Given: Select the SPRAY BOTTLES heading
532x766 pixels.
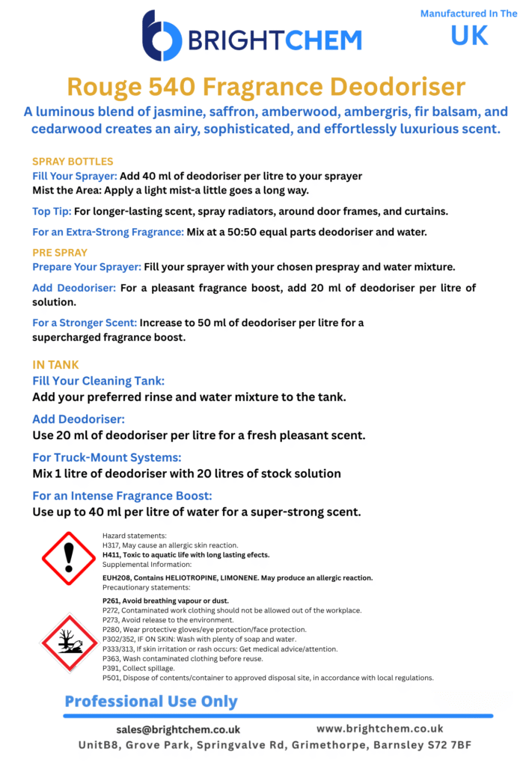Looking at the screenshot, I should [73, 162].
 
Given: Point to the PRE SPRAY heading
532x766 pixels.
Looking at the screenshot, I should [60, 253].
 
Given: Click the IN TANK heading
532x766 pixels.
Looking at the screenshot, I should [55, 365].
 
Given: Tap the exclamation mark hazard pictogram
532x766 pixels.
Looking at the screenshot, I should [69, 557].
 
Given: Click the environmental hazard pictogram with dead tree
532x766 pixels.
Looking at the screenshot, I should [69, 641].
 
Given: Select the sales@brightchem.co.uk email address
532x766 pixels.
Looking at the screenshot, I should [178, 729].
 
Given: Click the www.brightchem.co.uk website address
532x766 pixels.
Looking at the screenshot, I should [380, 728].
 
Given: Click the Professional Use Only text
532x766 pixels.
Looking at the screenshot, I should [151, 702].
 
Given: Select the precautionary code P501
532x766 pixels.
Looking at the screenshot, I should [111, 678].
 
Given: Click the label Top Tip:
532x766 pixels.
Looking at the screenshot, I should [52, 212].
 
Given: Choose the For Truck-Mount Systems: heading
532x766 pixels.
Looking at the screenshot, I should [107, 457].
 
